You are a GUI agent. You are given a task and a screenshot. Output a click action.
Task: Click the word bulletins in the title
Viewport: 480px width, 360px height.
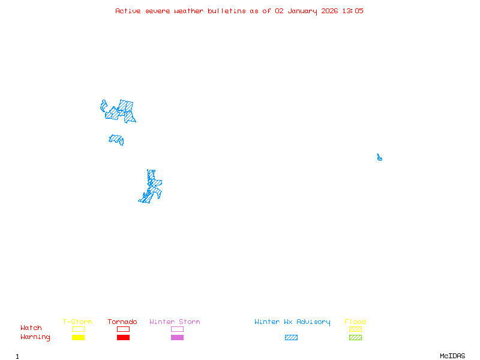(x=226, y=11)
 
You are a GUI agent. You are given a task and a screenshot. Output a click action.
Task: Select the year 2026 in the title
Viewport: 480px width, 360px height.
(x=329, y=11)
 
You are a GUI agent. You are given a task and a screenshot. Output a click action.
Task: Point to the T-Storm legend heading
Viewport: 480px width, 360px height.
(x=77, y=322)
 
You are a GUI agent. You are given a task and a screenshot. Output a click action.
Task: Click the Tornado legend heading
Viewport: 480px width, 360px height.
(x=122, y=322)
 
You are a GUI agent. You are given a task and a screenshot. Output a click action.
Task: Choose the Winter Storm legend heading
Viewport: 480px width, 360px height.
(x=175, y=322)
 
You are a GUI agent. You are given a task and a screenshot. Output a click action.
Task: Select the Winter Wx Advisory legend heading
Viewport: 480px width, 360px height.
(x=292, y=322)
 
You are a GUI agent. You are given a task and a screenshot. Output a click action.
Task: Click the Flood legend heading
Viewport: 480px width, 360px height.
(x=355, y=322)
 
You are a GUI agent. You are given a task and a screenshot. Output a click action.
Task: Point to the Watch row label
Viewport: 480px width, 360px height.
(x=31, y=328)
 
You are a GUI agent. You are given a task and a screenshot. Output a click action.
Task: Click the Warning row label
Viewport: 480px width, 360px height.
(x=35, y=337)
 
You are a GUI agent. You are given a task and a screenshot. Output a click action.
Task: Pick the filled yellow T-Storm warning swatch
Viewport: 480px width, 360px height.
(x=78, y=337)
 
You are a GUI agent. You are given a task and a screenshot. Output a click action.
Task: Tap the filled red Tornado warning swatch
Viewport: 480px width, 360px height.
(x=123, y=337)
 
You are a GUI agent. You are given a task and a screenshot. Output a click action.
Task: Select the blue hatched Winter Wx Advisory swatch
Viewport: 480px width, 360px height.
(x=291, y=337)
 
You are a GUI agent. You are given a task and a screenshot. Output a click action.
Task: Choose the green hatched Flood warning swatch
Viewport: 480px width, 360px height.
(x=355, y=337)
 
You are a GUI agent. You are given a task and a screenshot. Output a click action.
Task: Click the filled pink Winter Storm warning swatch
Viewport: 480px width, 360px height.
(x=177, y=337)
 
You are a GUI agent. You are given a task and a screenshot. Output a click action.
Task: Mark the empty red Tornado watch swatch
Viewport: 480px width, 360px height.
(x=123, y=329)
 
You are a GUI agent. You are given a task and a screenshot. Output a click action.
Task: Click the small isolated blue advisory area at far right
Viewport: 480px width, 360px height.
(x=379, y=158)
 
